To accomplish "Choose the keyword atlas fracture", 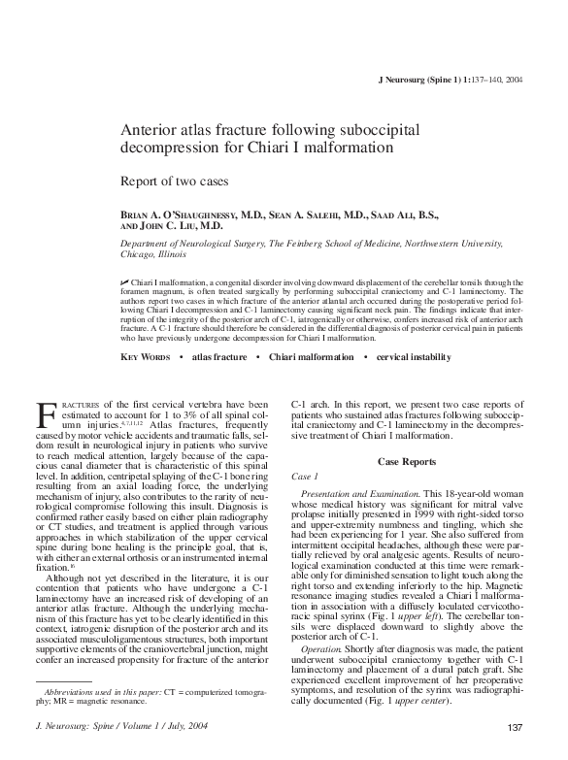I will point(219,356).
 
